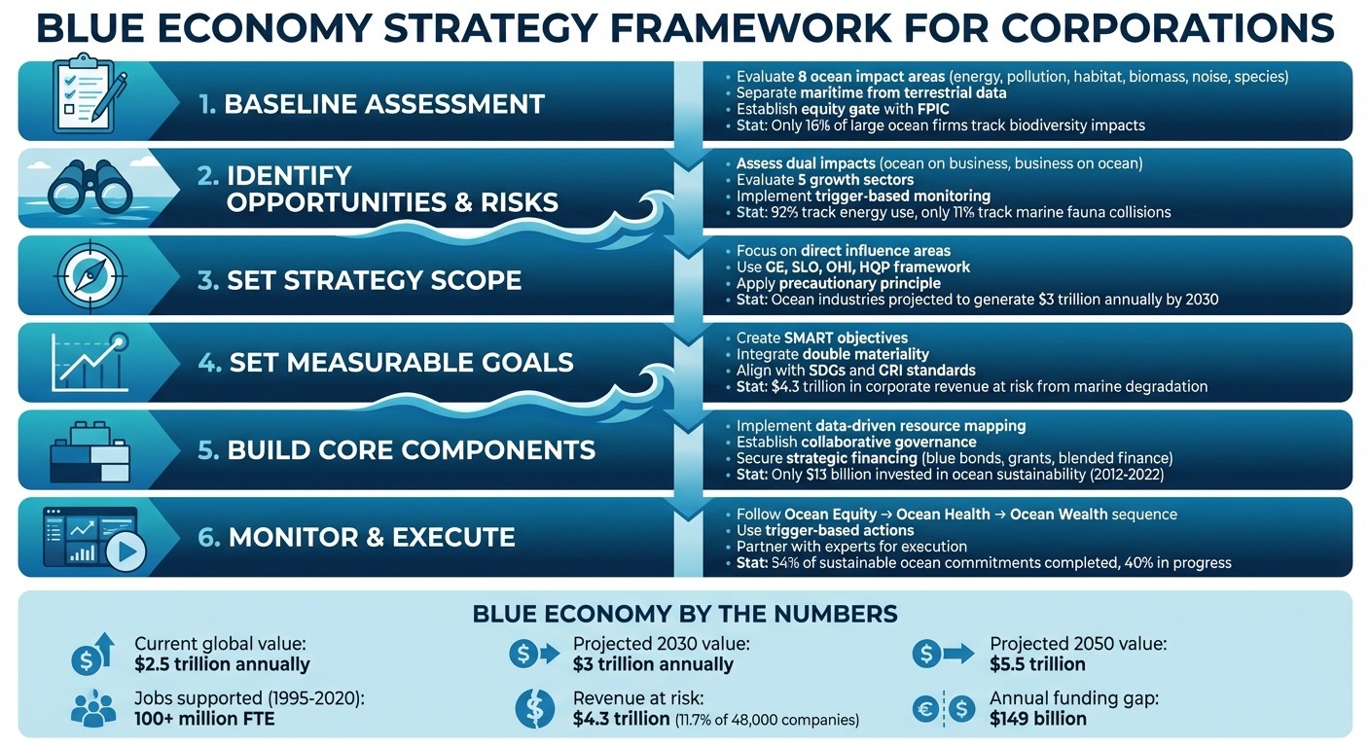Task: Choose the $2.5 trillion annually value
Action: tap(222, 665)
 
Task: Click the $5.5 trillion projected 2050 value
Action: tap(1037, 665)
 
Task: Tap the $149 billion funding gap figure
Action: tap(1037, 720)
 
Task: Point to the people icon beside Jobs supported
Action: tap(92, 709)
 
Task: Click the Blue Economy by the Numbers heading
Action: tap(684, 614)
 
